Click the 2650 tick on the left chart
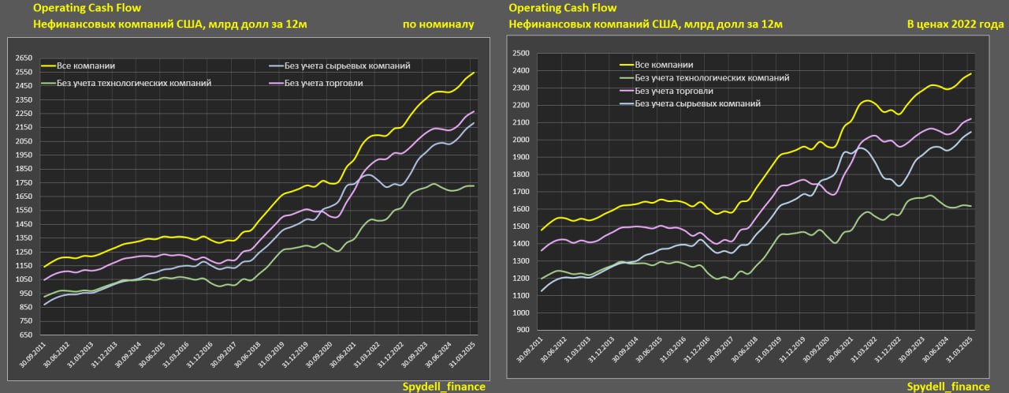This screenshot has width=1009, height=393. [x=23, y=58]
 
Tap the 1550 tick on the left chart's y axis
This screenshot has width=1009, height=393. [x=23, y=211]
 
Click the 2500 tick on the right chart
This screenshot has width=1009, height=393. [x=520, y=54]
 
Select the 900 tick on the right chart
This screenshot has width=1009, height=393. [x=523, y=331]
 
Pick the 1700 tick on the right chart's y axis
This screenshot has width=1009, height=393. [x=520, y=192]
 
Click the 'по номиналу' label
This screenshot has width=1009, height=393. [x=437, y=24]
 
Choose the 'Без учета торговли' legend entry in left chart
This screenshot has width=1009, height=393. [x=323, y=83]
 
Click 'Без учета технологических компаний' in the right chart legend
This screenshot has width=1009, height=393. [x=711, y=77]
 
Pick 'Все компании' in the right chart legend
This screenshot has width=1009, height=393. [x=664, y=65]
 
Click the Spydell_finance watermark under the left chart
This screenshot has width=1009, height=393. [x=444, y=387]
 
